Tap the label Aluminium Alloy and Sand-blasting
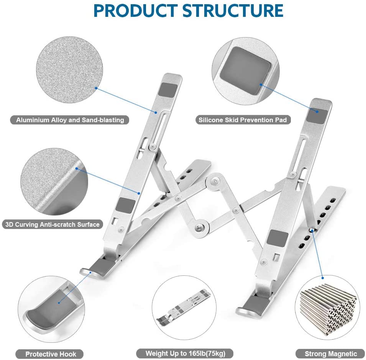70,120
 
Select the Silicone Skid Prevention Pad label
242,120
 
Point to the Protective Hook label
51,354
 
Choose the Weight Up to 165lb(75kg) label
185,353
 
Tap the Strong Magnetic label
331,354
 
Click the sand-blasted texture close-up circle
69,70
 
